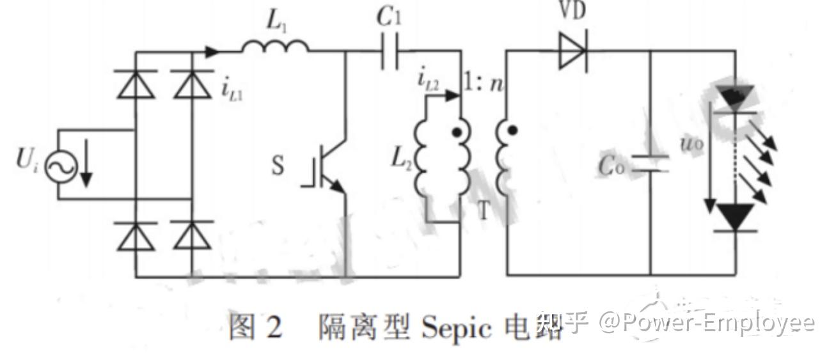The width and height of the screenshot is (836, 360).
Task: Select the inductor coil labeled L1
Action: coord(275,46)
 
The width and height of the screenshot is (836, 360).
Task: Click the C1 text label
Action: coord(389,18)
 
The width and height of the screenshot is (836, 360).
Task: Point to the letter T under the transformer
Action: coord(484,210)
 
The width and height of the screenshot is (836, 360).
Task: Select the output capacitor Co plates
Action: coord(651,164)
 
